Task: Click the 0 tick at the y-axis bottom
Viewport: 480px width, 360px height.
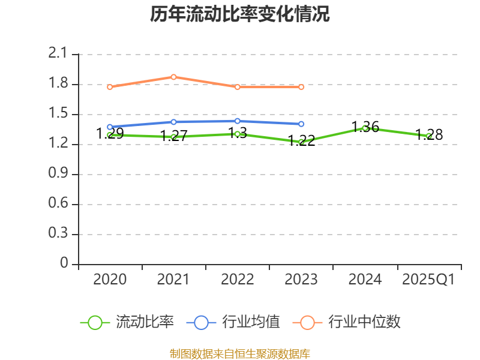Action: coord(64,264)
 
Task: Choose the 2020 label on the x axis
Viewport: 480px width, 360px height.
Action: coord(110,280)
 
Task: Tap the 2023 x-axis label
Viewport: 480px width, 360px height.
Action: coord(301,280)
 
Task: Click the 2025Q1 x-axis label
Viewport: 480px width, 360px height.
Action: coord(428,280)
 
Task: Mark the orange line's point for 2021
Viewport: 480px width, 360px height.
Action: coord(173,77)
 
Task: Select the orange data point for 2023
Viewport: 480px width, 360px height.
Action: coord(301,87)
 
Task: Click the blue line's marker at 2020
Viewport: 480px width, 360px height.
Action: coord(110,127)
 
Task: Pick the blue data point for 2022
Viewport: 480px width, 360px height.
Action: coord(238,121)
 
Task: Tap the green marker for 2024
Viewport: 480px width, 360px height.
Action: coord(365,128)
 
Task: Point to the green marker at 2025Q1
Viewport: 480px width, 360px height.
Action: coord(428,136)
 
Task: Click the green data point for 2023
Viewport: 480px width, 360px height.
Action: coord(301,142)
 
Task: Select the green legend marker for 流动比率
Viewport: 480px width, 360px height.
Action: coord(95,322)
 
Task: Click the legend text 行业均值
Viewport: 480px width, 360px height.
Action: coord(251,322)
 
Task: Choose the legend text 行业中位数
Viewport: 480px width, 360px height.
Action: coord(364,322)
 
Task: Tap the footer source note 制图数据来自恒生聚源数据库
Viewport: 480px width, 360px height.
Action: coord(240,353)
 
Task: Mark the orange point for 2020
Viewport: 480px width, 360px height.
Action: coord(110,87)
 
